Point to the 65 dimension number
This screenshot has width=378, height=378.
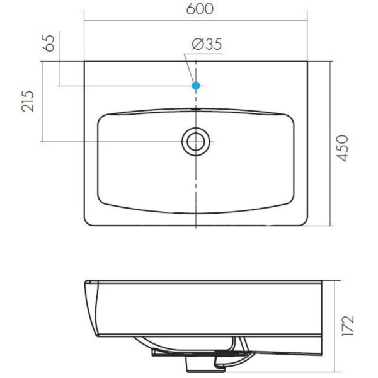point(49,42)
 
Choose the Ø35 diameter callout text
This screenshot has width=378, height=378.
point(206,45)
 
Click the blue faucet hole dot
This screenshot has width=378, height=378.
point(196,84)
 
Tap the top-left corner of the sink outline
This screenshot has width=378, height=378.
point(86,62)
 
